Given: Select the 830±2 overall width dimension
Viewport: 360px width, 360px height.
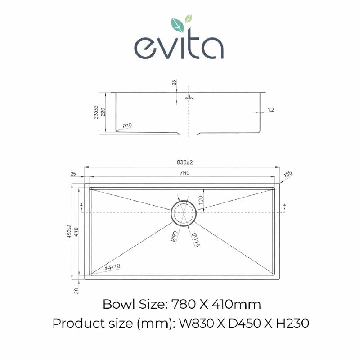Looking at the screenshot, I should click(180, 162).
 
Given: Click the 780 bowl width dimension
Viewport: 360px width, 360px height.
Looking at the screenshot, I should click(180, 172).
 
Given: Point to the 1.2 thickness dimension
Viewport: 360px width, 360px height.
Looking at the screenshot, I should click(270, 109).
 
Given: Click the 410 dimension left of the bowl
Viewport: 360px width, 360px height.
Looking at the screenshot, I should click(77, 232).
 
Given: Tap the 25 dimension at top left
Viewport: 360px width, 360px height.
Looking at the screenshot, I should click(73, 173).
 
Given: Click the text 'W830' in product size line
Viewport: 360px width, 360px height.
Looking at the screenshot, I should click(193, 324).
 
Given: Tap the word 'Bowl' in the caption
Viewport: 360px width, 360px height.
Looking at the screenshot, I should click(118, 305).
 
